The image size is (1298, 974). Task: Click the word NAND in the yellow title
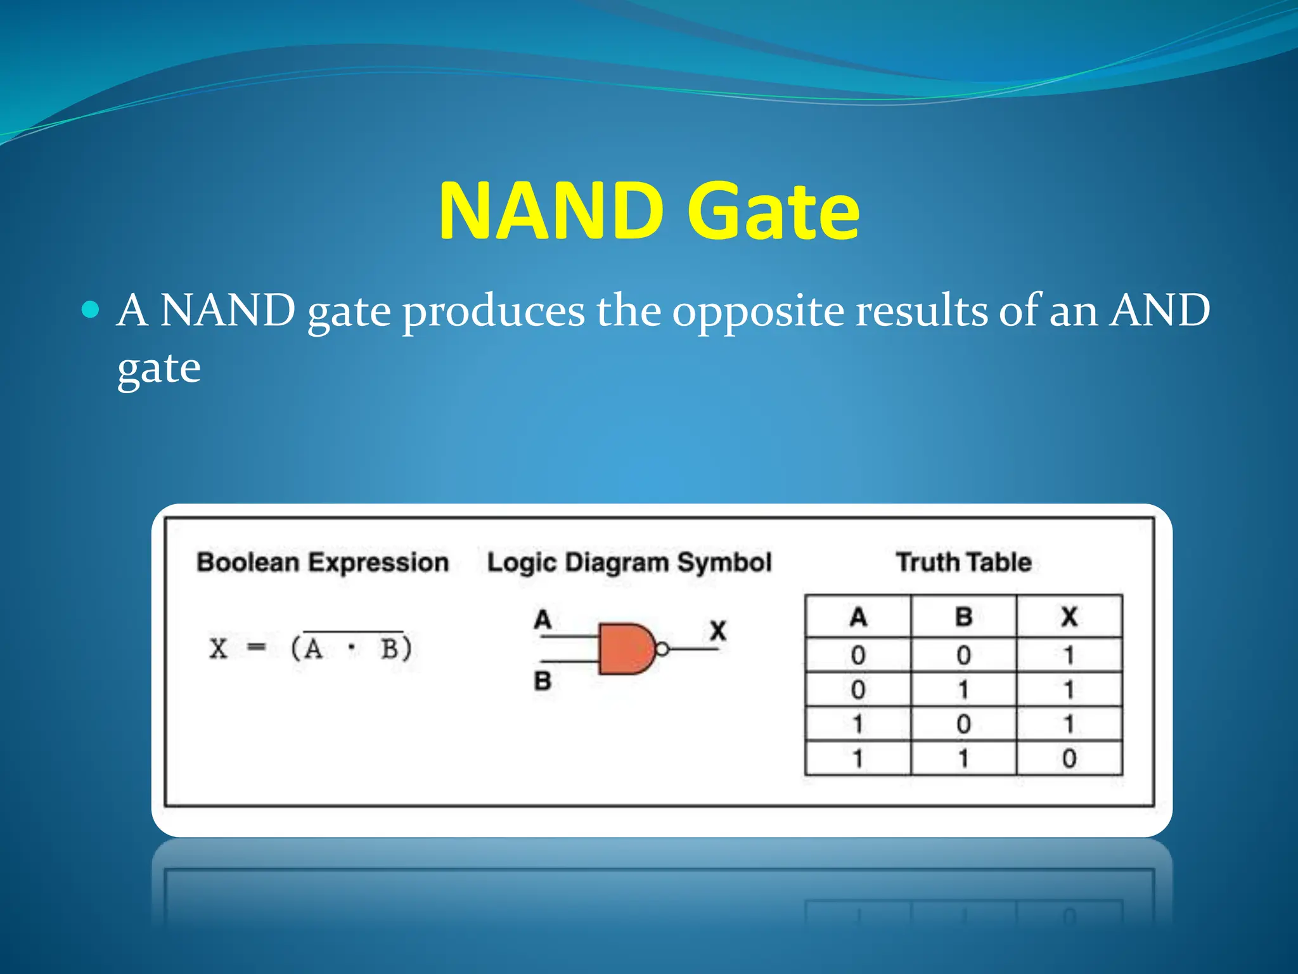(x=550, y=211)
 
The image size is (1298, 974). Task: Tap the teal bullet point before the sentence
(x=91, y=309)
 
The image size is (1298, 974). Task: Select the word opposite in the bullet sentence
(x=758, y=312)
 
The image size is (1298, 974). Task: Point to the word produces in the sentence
(x=494, y=312)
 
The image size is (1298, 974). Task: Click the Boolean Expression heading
(x=323, y=562)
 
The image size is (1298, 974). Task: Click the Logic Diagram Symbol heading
(x=629, y=562)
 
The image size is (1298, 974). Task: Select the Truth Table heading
(x=963, y=562)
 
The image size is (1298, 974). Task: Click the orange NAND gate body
(x=624, y=649)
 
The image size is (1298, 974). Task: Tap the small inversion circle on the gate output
(x=662, y=649)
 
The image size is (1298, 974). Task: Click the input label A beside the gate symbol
(x=543, y=619)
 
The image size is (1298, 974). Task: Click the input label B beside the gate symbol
(x=543, y=681)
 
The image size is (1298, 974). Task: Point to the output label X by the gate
(x=717, y=630)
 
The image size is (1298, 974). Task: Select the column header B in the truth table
(x=963, y=616)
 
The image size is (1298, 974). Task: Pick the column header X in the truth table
(x=1069, y=616)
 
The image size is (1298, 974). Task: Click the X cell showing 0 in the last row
(x=1069, y=758)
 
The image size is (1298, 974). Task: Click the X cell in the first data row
(x=1069, y=655)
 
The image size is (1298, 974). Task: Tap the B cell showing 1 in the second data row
(x=963, y=689)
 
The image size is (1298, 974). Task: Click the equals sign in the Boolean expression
(x=256, y=648)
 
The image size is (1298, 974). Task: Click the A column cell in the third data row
(x=858, y=724)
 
